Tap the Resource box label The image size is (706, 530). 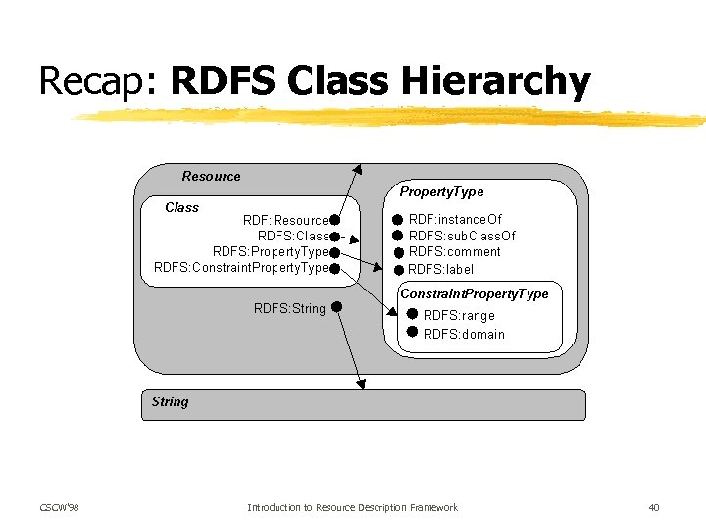[211, 177]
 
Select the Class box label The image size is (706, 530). [181, 208]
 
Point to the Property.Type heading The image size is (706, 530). [441, 192]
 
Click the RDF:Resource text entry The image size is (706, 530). [285, 221]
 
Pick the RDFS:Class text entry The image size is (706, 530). [292, 237]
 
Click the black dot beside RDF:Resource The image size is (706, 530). [334, 221]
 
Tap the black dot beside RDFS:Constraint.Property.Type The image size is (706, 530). [334, 268]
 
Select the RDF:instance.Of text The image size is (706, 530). [455, 220]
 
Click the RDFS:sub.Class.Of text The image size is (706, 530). [462, 236]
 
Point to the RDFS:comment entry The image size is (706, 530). [454, 252]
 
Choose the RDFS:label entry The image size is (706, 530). [440, 269]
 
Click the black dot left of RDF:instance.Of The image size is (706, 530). [398, 220]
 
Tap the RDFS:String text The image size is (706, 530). [289, 308]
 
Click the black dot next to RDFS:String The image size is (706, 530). [335, 307]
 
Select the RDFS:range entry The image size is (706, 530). [459, 316]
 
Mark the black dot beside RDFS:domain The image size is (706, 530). [412, 333]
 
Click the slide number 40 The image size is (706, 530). [654, 507]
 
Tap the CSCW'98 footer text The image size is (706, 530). [59, 507]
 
